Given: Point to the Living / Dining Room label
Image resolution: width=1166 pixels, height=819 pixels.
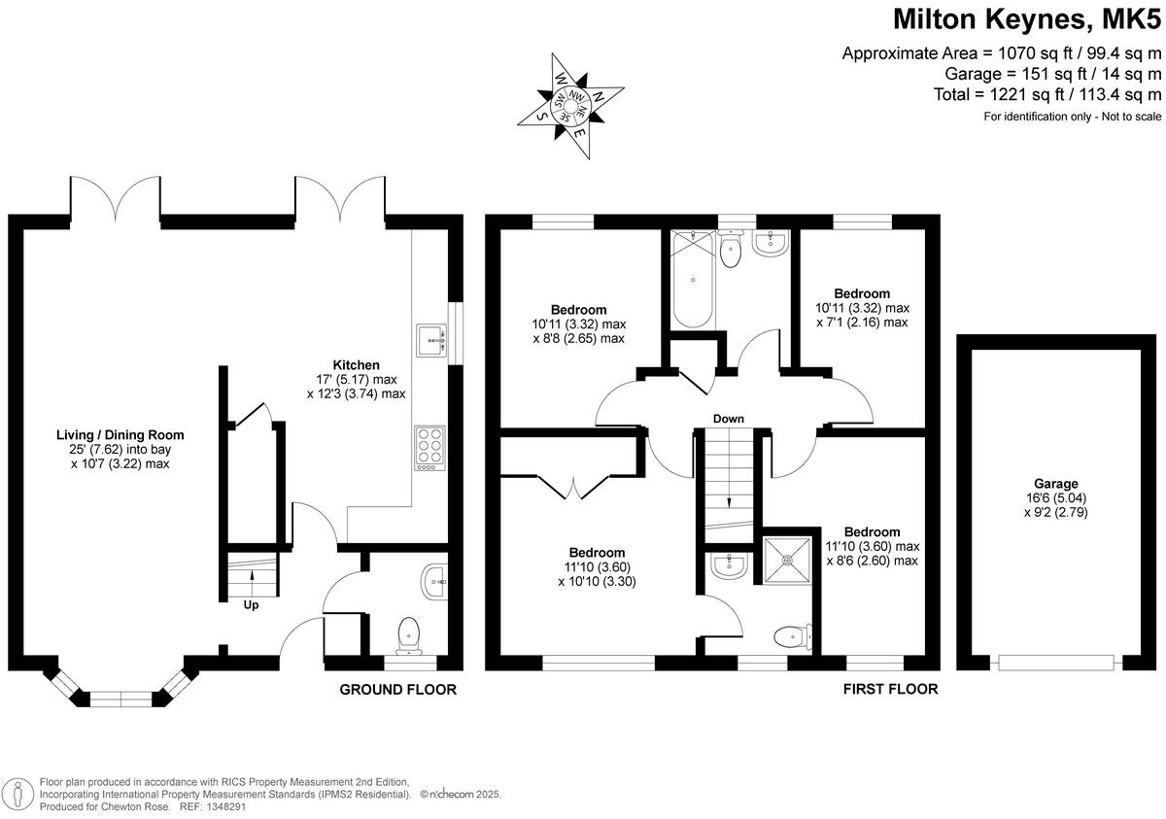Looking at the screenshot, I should point(120,435).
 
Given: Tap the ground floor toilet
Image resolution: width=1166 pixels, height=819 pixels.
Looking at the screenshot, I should point(410,633).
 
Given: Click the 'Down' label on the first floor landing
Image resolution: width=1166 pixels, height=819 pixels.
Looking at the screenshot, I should point(728,419).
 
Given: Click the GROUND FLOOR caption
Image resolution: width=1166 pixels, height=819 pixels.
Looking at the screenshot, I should point(397,690).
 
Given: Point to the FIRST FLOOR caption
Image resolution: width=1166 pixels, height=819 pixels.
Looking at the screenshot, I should point(891,690).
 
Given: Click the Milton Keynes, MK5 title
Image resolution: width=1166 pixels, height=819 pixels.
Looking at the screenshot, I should point(1026,19).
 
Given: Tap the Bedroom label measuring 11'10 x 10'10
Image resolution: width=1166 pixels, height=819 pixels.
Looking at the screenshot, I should point(597,553).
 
